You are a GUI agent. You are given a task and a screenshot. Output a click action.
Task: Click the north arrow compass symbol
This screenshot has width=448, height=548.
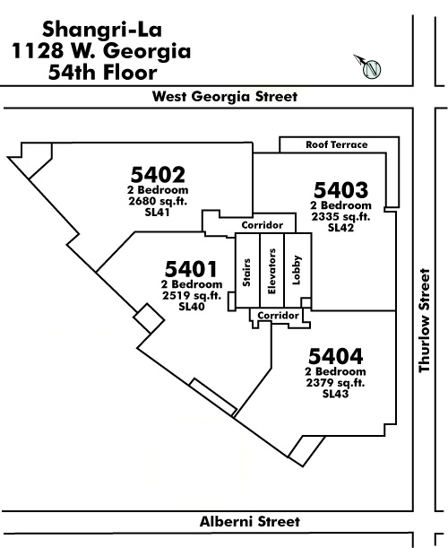368,66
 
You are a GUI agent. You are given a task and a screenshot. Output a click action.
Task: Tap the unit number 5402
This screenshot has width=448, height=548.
158,174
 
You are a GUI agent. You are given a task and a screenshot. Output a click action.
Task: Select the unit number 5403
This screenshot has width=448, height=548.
340,190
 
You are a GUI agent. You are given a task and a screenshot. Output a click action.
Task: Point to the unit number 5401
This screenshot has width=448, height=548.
191,269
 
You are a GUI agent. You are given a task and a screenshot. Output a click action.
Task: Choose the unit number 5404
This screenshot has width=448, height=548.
336,356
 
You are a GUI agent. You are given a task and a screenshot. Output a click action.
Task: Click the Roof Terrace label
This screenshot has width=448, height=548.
337,144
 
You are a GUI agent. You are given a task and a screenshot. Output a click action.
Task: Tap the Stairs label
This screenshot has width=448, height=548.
247,273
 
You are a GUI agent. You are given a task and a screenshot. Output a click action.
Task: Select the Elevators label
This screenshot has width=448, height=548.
271,271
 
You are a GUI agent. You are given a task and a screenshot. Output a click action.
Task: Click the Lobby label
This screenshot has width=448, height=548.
297,270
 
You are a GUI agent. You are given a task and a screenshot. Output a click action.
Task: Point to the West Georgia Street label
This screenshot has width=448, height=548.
225,97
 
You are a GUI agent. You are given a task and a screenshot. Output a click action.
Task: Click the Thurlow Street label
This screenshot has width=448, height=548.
424,320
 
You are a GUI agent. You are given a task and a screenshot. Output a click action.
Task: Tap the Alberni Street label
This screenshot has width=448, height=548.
250,521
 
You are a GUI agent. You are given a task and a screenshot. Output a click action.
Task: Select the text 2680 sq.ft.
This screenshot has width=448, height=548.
158,201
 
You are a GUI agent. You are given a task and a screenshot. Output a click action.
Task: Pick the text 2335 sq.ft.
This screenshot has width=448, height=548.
340,217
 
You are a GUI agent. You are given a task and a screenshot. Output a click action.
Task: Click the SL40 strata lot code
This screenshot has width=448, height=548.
192,307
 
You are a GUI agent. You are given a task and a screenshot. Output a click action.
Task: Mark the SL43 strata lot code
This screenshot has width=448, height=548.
336,394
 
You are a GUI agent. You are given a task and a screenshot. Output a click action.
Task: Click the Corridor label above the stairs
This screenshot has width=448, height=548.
263,225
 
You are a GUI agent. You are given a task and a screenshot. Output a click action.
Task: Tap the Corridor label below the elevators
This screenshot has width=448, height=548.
279,316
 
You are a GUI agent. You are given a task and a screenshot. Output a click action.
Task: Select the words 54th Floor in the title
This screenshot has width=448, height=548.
103,73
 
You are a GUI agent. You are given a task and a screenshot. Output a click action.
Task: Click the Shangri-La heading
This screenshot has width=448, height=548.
102,30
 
